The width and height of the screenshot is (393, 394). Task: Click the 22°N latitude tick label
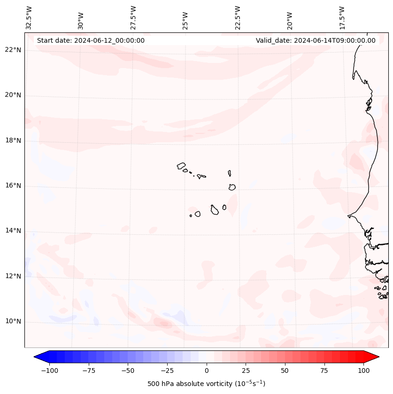click(13, 50)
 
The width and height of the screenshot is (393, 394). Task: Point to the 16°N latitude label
click(13, 185)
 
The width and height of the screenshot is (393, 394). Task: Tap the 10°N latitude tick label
click(13, 322)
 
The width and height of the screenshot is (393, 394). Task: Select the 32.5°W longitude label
click(29, 17)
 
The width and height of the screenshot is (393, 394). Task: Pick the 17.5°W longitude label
click(342, 17)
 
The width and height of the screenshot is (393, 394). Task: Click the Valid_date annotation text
click(316, 40)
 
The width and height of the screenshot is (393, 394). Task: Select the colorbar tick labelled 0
click(207, 371)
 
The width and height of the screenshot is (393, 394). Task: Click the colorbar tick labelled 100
click(364, 371)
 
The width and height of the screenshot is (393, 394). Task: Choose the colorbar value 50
click(285, 371)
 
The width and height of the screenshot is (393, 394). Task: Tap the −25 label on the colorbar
click(167, 371)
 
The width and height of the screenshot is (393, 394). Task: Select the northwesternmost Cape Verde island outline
click(181, 166)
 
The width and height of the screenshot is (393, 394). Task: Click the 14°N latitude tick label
click(13, 231)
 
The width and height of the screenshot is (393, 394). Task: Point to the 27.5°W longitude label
click(133, 17)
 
